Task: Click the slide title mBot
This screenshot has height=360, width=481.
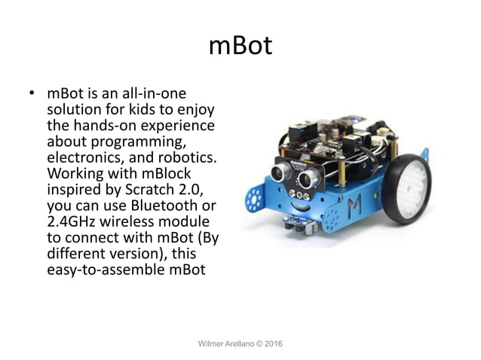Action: tap(240, 46)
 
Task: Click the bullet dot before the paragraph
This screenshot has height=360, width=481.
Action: tap(32, 96)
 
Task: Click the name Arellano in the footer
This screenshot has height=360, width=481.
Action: tap(245, 344)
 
